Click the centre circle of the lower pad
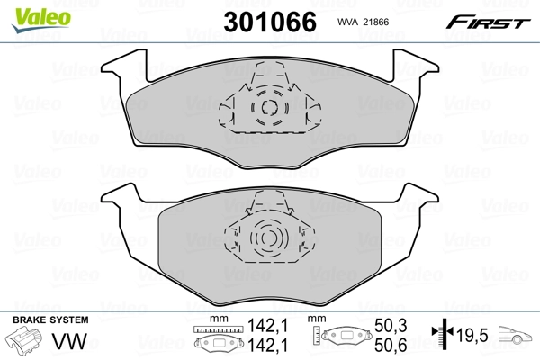pyautogui.click(x=267, y=238)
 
